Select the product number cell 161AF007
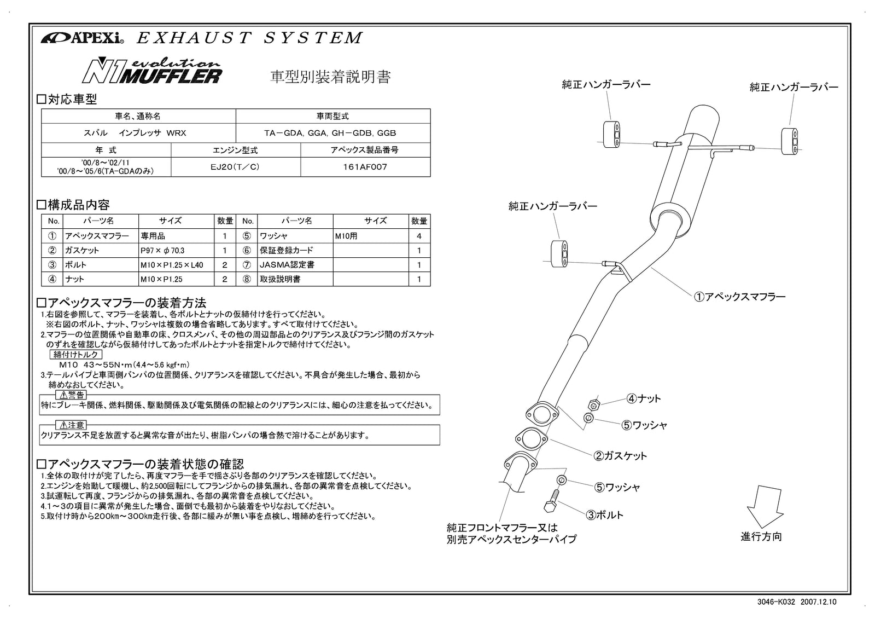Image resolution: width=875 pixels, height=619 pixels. tap(365, 167)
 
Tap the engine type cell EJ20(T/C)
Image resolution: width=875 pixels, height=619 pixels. tap(235, 167)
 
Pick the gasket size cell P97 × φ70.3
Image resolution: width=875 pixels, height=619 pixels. tap(162, 251)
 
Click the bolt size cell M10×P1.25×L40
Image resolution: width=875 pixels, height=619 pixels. tap(172, 265)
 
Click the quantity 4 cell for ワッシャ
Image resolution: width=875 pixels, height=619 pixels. tap(419, 236)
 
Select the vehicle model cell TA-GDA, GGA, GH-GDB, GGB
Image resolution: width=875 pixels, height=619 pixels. tap(333, 133)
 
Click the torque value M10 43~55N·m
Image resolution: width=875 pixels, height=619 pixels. tap(124, 365)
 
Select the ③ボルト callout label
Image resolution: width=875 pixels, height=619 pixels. tap(605, 515)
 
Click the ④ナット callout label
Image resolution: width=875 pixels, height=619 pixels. tap(644, 398)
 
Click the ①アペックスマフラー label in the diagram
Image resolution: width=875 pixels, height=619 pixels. tap(739, 297)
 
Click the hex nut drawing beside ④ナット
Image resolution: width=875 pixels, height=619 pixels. tap(594, 405)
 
